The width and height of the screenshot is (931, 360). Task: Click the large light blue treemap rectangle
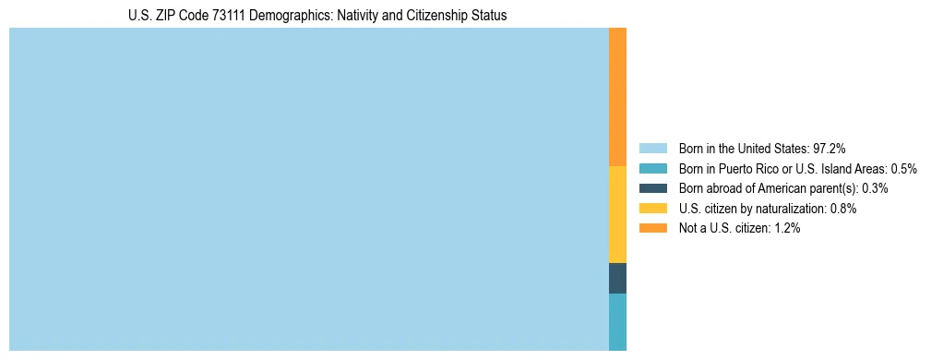coord(308,189)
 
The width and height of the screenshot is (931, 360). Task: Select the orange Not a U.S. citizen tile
coord(617,97)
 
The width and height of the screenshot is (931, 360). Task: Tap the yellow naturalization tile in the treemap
coord(617,214)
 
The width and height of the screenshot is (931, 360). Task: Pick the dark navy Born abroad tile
coord(617,278)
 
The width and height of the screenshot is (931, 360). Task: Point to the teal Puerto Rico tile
coord(617,321)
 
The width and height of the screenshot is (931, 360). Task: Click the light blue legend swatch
coord(652,148)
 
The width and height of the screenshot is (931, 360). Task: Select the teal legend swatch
coord(652,168)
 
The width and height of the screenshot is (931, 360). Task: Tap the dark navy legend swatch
coord(652,188)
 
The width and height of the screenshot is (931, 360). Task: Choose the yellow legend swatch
coord(652,209)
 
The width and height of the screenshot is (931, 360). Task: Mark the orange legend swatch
coord(652,229)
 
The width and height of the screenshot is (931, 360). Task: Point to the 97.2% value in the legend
coord(829,148)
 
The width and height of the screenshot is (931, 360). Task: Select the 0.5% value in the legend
coord(902,168)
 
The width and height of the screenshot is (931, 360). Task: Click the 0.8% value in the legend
coord(842,209)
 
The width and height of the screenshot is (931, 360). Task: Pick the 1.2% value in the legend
coord(786,229)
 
